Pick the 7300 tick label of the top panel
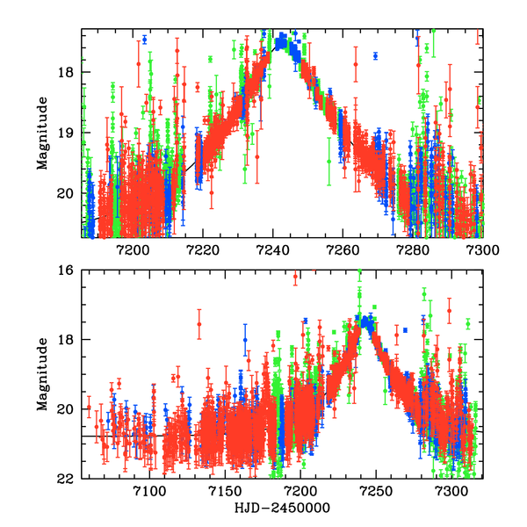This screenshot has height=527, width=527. (481, 249)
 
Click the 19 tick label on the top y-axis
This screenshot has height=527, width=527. (71, 133)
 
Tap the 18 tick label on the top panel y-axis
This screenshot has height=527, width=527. (71, 72)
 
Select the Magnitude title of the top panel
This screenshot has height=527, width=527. (41, 133)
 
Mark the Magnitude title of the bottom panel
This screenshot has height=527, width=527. (41, 375)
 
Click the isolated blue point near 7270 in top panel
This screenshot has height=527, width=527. (375, 55)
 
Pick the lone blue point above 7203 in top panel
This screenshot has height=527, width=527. (145, 40)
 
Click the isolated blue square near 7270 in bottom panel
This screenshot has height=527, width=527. (406, 329)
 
